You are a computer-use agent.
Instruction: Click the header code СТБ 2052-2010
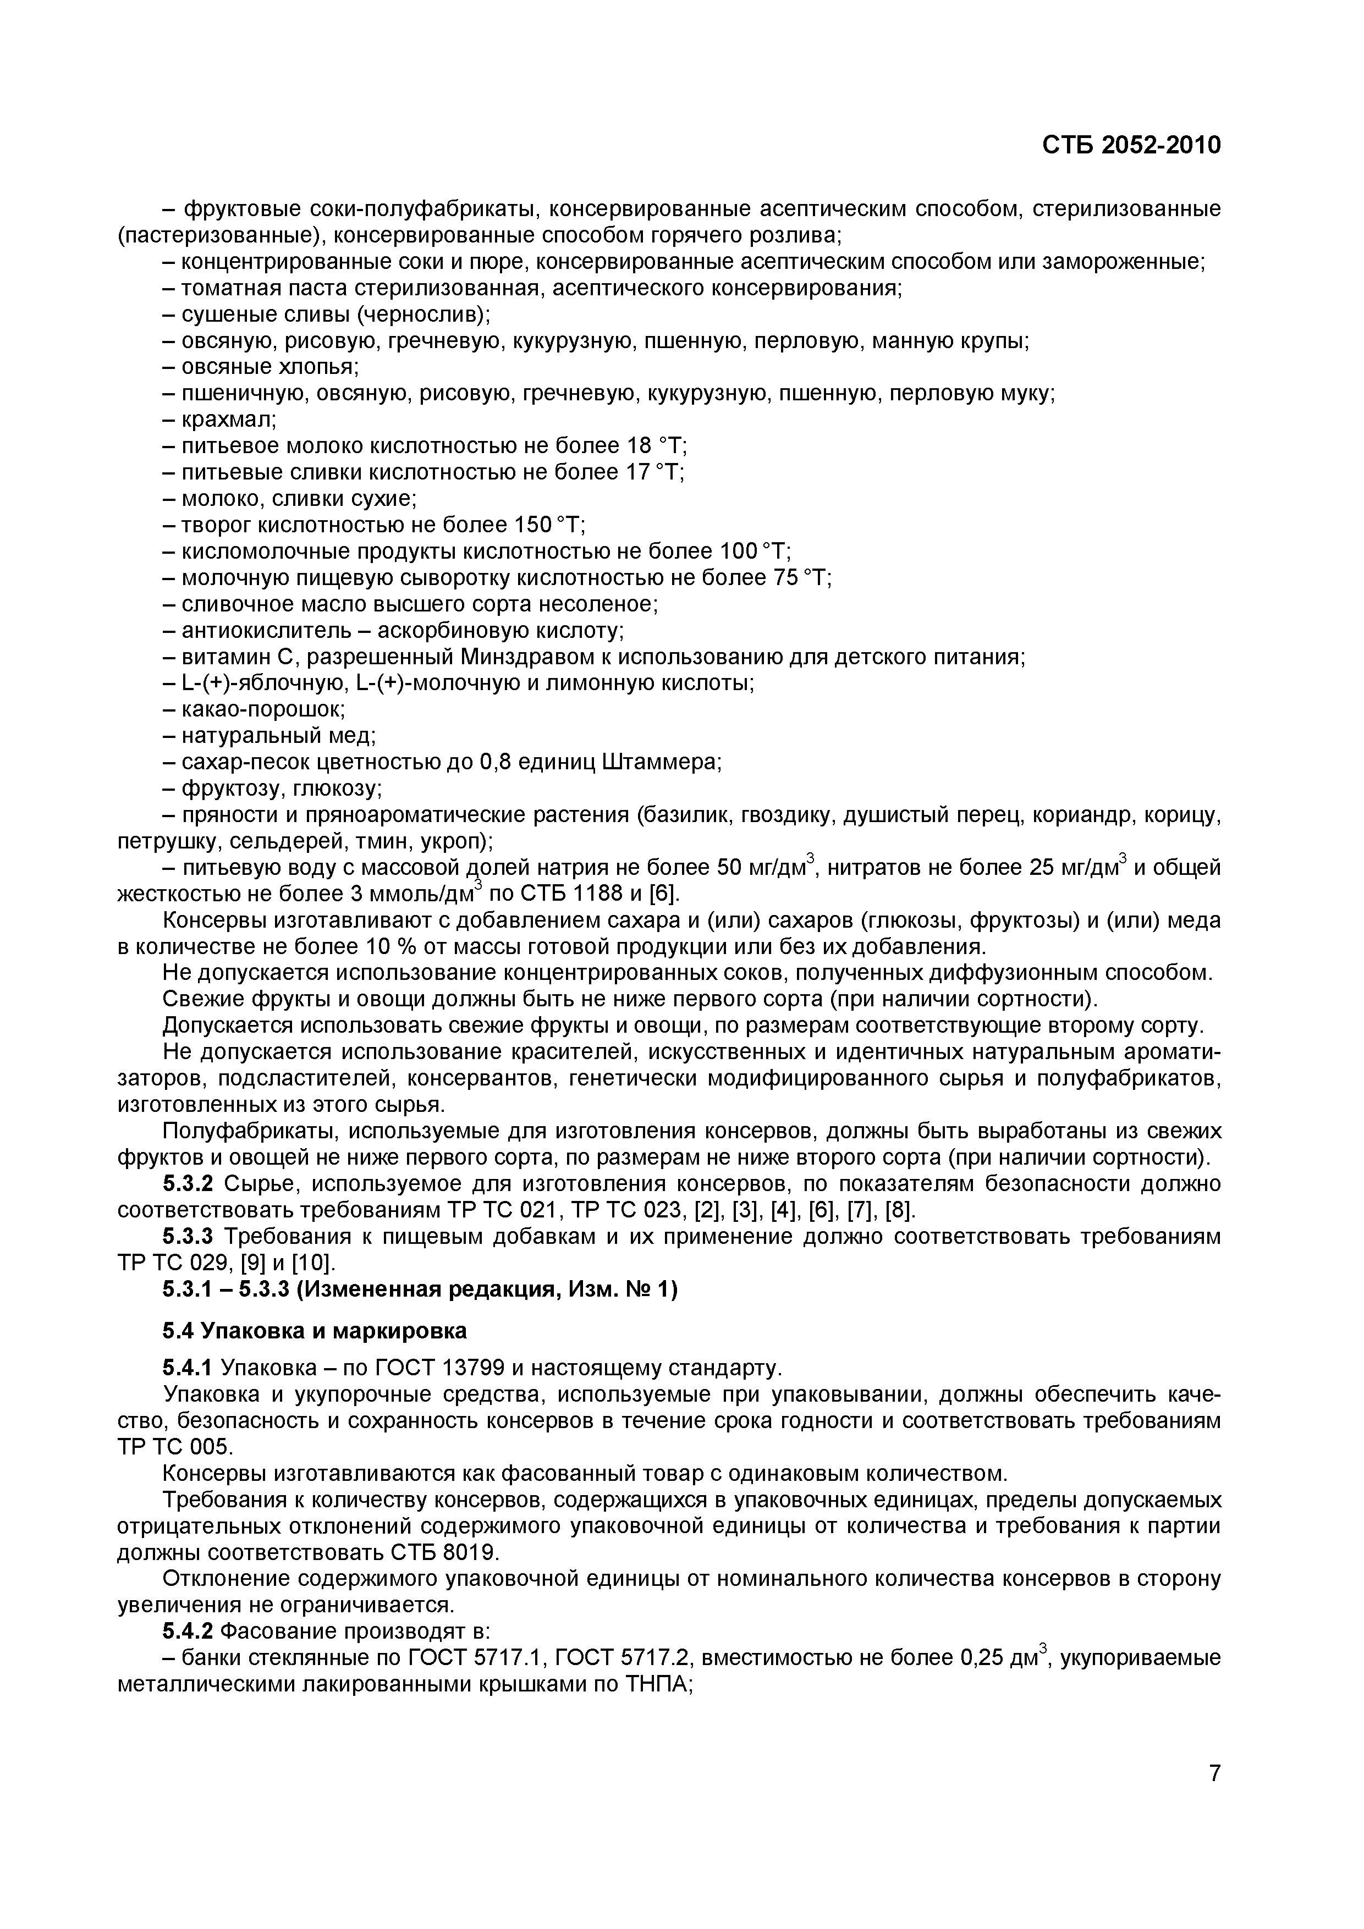(x=1131, y=146)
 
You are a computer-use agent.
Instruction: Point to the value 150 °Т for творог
(x=547, y=525)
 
